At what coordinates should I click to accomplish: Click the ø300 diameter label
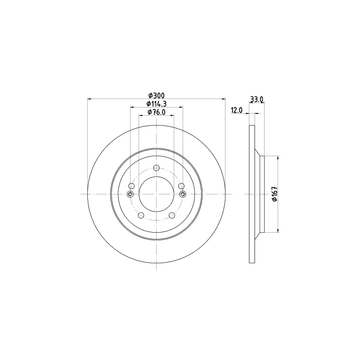(157, 95)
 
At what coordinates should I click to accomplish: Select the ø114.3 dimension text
(157, 104)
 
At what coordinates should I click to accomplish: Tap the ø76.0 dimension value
(157, 112)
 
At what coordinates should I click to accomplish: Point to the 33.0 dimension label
(256, 99)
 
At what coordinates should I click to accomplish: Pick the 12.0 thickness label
(237, 110)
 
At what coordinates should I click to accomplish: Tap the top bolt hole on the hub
(156, 168)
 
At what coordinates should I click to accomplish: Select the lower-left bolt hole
(141, 216)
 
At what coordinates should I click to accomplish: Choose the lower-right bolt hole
(172, 216)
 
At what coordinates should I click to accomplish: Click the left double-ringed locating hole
(130, 194)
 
